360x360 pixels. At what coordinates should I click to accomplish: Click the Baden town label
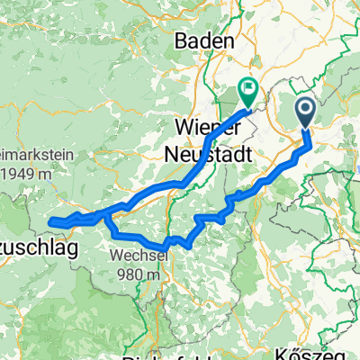(204, 40)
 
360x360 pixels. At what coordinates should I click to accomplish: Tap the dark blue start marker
(305, 113)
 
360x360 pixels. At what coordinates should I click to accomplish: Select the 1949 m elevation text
(24, 173)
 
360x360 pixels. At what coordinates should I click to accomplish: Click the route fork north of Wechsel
(107, 215)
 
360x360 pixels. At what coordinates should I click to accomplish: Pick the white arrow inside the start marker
(305, 111)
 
